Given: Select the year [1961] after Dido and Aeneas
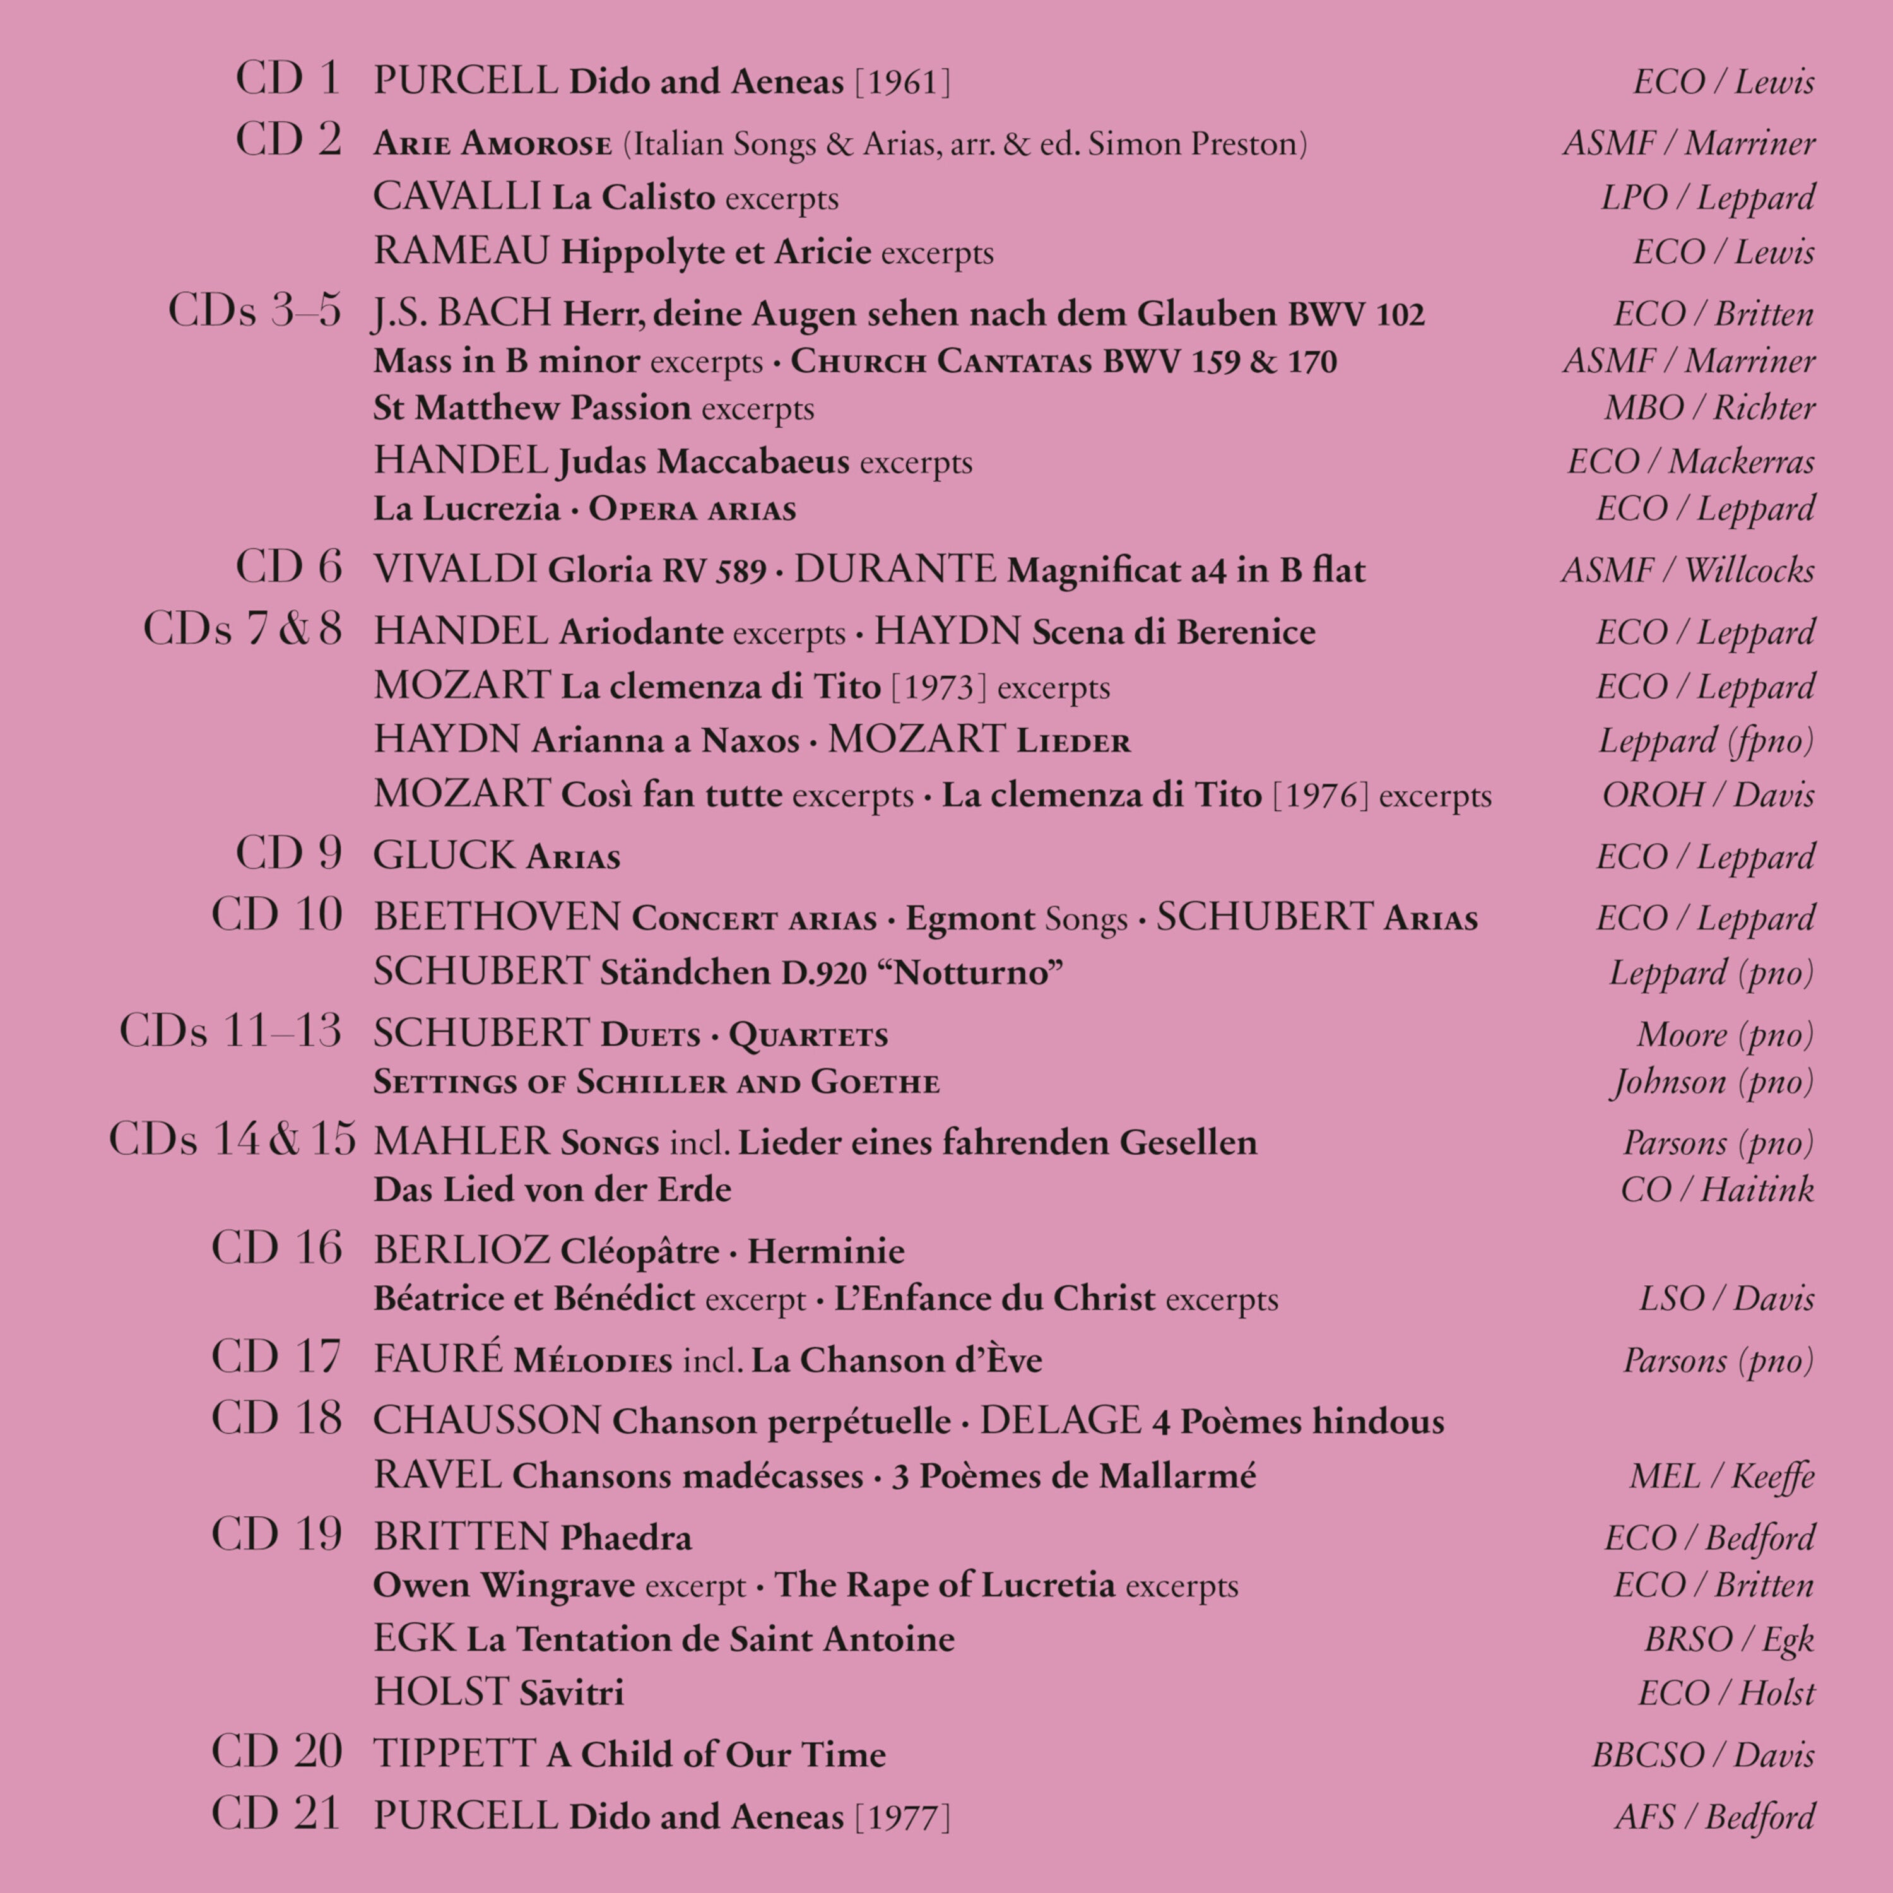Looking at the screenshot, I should (x=902, y=82).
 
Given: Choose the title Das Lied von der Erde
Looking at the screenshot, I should (x=551, y=1189).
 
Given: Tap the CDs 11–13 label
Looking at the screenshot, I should (x=230, y=1032).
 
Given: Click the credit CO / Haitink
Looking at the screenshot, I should (x=1716, y=1189).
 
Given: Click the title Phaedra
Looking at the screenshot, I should (x=626, y=1537).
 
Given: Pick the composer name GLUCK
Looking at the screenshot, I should (x=444, y=856).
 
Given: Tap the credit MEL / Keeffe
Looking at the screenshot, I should (x=1721, y=1476).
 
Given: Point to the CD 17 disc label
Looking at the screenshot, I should (x=277, y=1358).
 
